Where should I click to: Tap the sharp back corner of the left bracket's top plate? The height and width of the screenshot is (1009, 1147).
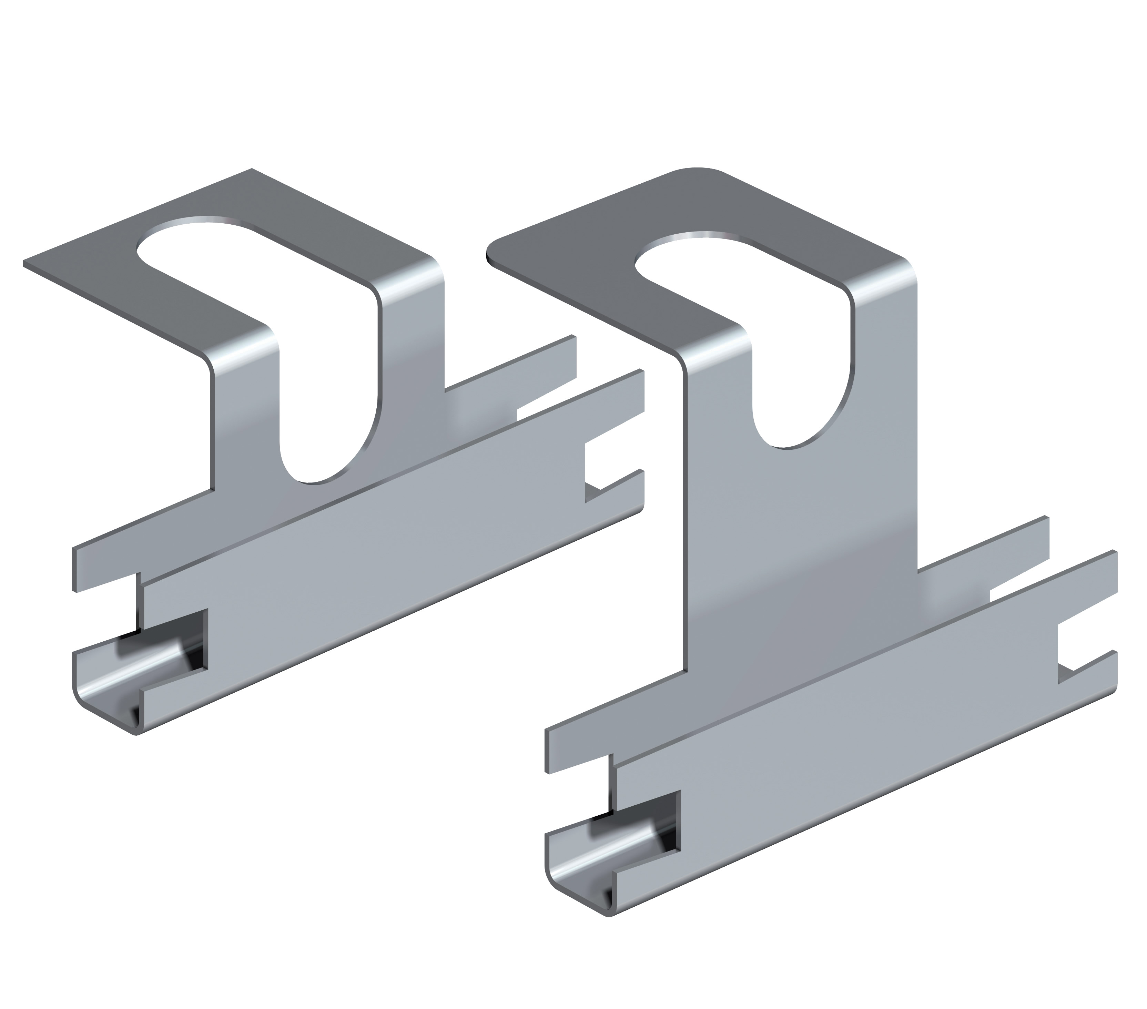click(x=251, y=170)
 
